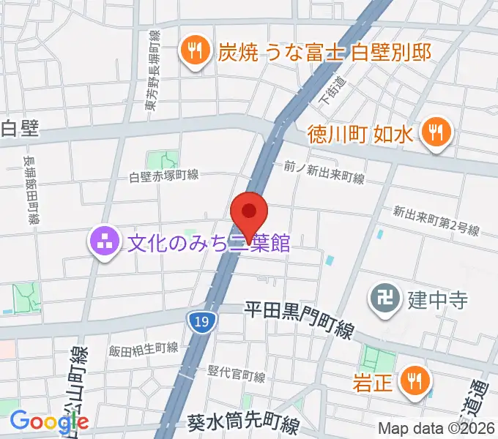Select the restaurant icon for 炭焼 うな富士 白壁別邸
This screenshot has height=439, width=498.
[193, 51]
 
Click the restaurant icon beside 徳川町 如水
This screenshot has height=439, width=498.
[436, 133]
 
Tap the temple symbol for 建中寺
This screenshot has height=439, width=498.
[384, 299]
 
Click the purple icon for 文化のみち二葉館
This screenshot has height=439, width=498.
[104, 241]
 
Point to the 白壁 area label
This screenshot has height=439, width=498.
[19, 129]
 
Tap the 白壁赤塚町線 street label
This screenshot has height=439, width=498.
[164, 176]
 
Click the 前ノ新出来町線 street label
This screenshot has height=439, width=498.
[324, 173]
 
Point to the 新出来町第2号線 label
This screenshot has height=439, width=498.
[436, 219]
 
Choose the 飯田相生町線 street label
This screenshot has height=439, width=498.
[144, 349]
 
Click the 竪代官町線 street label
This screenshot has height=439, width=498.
[237, 375]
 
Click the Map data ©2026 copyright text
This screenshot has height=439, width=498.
[436, 429]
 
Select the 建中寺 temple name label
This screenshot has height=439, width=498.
[438, 299]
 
